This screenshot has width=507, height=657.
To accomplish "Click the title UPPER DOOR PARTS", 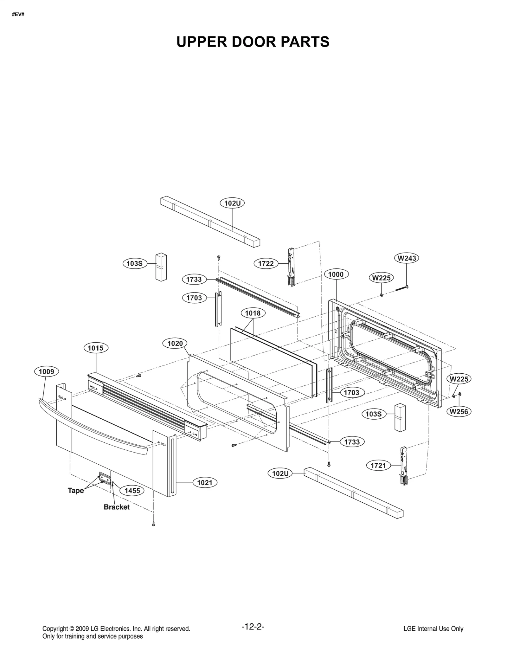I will coord(253,42).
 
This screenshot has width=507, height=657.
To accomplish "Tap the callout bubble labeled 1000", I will coord(336,274).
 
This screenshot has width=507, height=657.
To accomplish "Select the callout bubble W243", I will coord(407,258).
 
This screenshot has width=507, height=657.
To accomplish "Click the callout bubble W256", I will coord(459,412).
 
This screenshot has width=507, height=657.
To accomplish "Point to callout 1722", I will coord(266,263).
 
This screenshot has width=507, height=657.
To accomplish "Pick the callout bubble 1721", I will coord(378,465).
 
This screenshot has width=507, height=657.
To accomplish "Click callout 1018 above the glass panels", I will coord(253,313).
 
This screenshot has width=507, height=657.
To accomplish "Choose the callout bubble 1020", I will coord(175,343).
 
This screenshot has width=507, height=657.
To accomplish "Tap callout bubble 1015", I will coord(95,348).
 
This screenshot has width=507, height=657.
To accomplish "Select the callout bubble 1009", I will coord(47,371).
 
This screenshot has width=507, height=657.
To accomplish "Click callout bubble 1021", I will coord(205,483).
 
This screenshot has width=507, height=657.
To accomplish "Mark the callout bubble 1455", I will coord(132,491).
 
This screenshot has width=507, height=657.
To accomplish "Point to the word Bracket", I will coord(117,507).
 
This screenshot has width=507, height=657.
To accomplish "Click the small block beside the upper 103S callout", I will coord(161,267).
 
